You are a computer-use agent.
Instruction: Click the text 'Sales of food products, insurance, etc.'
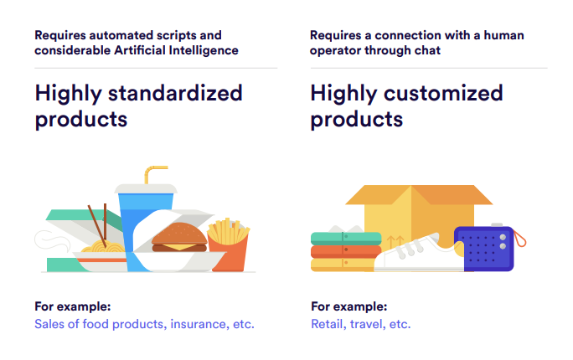[x=144, y=324]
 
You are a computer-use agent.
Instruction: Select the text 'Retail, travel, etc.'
[x=360, y=324]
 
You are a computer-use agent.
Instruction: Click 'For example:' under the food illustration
[x=73, y=306]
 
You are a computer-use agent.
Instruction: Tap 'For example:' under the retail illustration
[x=348, y=306]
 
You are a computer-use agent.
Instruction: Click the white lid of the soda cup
[x=144, y=189]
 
